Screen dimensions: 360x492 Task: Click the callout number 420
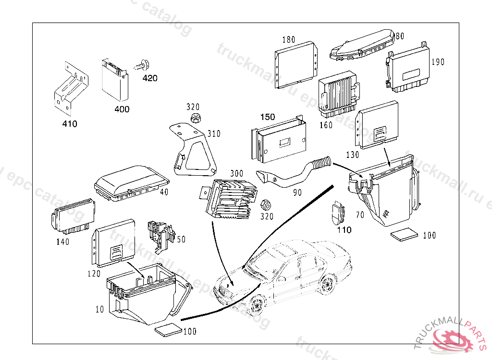(x=150, y=78)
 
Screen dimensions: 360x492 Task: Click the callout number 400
(x=122, y=109)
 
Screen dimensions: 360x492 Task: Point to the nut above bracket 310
(x=195, y=118)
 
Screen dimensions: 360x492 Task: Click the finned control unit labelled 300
(x=229, y=198)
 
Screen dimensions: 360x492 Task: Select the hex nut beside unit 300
(x=265, y=205)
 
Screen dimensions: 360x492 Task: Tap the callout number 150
(x=268, y=117)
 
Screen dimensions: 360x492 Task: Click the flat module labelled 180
(x=296, y=65)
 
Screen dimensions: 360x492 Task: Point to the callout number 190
(x=438, y=62)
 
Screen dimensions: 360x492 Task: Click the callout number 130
(x=353, y=155)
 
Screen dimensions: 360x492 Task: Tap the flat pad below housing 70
(x=404, y=234)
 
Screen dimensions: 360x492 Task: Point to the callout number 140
(x=62, y=242)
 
